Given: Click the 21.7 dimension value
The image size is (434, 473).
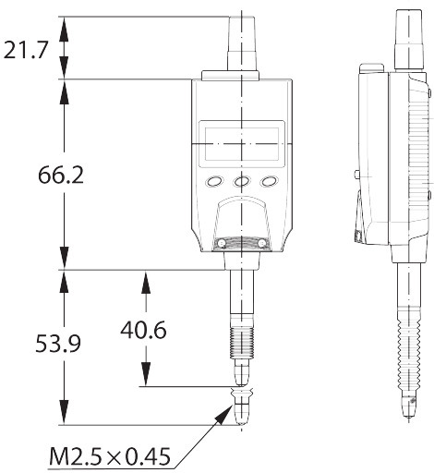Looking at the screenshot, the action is [x=26, y=50].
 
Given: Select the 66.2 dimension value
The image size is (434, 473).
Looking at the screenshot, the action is [x=61, y=176].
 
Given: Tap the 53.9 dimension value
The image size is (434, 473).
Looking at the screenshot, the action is [x=58, y=344].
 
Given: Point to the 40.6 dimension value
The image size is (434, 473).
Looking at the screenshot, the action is [x=143, y=330].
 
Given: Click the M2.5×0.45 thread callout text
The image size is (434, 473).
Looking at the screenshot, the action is [x=110, y=456].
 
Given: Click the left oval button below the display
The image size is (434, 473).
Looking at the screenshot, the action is [x=214, y=181].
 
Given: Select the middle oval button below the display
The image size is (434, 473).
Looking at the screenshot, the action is [x=242, y=181].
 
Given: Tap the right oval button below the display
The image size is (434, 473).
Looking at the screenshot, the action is [x=269, y=181].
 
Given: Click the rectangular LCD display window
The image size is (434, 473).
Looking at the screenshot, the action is [x=242, y=144].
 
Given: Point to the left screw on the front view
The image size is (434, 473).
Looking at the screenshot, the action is [x=222, y=244].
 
